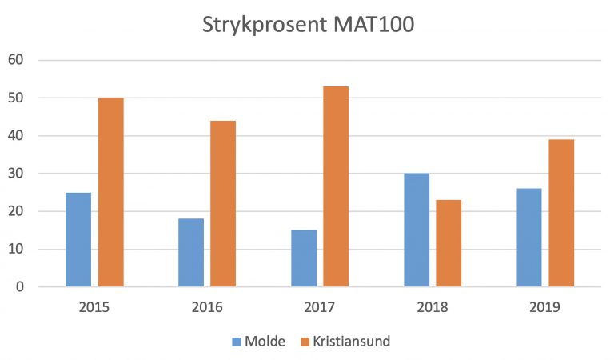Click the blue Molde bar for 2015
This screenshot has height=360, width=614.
pyautogui.click(x=78, y=239)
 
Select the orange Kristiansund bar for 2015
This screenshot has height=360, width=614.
pyautogui.click(x=110, y=192)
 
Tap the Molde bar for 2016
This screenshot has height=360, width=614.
pyautogui.click(x=191, y=252)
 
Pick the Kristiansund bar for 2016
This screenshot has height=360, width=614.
pyautogui.click(x=223, y=203)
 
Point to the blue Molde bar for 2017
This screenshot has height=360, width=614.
pyautogui.click(x=304, y=258)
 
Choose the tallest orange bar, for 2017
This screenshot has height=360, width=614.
pyautogui.click(x=336, y=186)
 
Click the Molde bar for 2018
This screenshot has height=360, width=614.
pyautogui.click(x=417, y=230)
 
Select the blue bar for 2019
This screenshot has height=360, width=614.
pyautogui.click(x=529, y=237)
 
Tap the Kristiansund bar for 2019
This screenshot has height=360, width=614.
pyautogui.click(x=561, y=213)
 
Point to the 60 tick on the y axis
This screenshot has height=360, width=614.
pyautogui.click(x=16, y=60)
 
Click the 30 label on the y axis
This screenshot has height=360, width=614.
pyautogui.click(x=16, y=174)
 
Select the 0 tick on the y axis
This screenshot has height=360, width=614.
pyautogui.click(x=20, y=286)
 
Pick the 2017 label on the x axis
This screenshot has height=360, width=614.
pyautogui.click(x=320, y=306)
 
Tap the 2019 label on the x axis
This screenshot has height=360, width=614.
pyautogui.click(x=545, y=306)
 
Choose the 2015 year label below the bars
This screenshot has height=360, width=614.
pyautogui.click(x=94, y=306)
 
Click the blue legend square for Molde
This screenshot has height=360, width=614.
pyautogui.click(x=237, y=342)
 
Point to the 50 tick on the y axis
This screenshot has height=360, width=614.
pyautogui.click(x=16, y=98)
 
